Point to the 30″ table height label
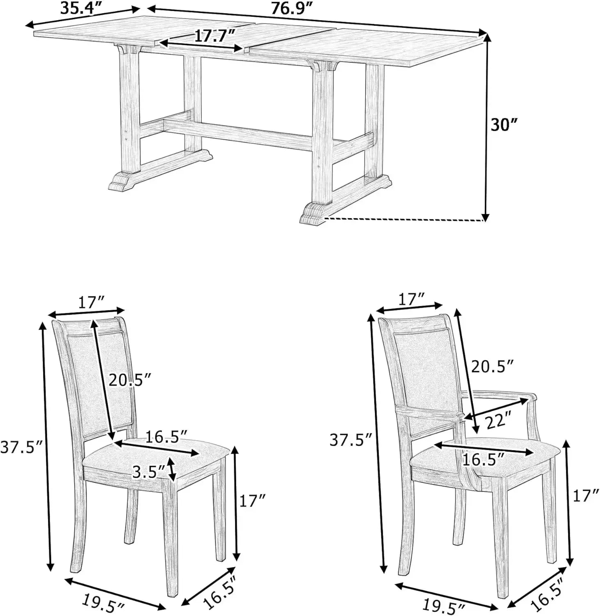coord(504,124)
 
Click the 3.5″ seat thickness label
coord(149,472)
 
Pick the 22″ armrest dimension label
coord(499,421)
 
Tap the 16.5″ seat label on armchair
coord(482,460)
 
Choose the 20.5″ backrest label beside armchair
coord(492,366)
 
